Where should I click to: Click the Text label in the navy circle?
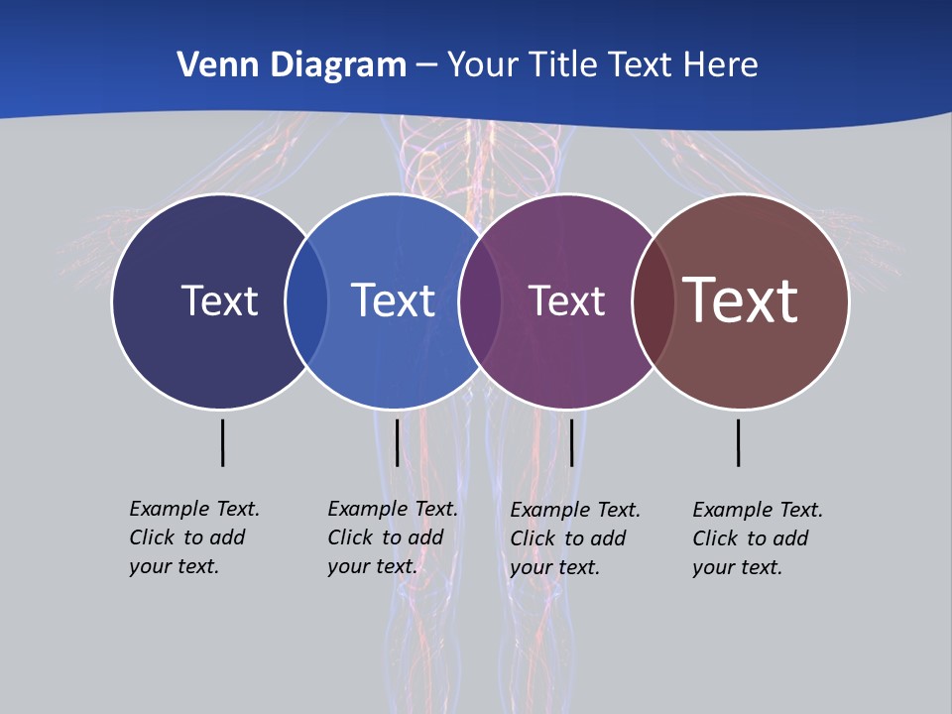click(x=219, y=300)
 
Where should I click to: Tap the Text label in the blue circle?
click(x=394, y=300)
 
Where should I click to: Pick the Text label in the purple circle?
click(x=566, y=300)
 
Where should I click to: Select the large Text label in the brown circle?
click(x=741, y=299)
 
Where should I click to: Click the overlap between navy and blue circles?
click(x=306, y=300)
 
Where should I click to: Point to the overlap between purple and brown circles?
click(x=653, y=300)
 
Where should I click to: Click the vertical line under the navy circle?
click(x=222, y=442)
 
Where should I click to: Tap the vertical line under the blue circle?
click(x=397, y=442)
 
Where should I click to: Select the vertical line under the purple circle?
click(x=571, y=442)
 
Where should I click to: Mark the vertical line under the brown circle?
click(x=739, y=442)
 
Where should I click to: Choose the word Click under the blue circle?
click(x=351, y=537)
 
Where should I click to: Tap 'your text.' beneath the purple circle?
click(x=555, y=567)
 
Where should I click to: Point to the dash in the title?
click(x=426, y=65)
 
